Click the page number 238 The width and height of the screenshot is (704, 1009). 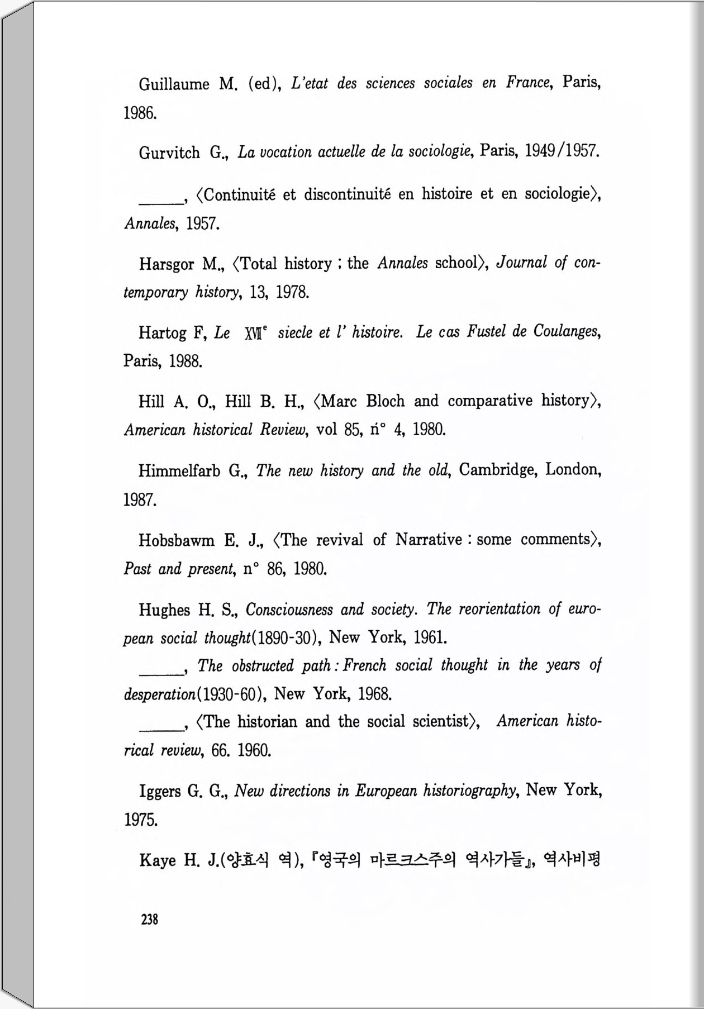[x=150, y=919]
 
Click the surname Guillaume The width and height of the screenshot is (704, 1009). [x=174, y=84]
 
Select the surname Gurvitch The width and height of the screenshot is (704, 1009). [x=169, y=153]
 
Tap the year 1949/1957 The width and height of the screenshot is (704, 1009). [x=562, y=151]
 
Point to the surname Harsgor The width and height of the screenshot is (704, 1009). [x=167, y=264]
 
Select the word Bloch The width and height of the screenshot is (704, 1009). [x=385, y=401]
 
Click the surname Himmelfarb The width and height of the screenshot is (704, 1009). [x=179, y=471]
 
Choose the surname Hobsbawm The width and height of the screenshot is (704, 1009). [x=177, y=540]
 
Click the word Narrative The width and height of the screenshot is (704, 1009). [x=429, y=540]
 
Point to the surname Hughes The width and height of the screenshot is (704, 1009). [x=164, y=610]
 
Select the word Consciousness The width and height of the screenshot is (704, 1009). [x=289, y=609]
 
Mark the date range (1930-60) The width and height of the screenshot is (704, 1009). [x=229, y=694]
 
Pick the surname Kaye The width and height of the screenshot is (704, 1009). [x=158, y=860]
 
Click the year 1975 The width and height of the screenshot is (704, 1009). [x=140, y=820]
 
